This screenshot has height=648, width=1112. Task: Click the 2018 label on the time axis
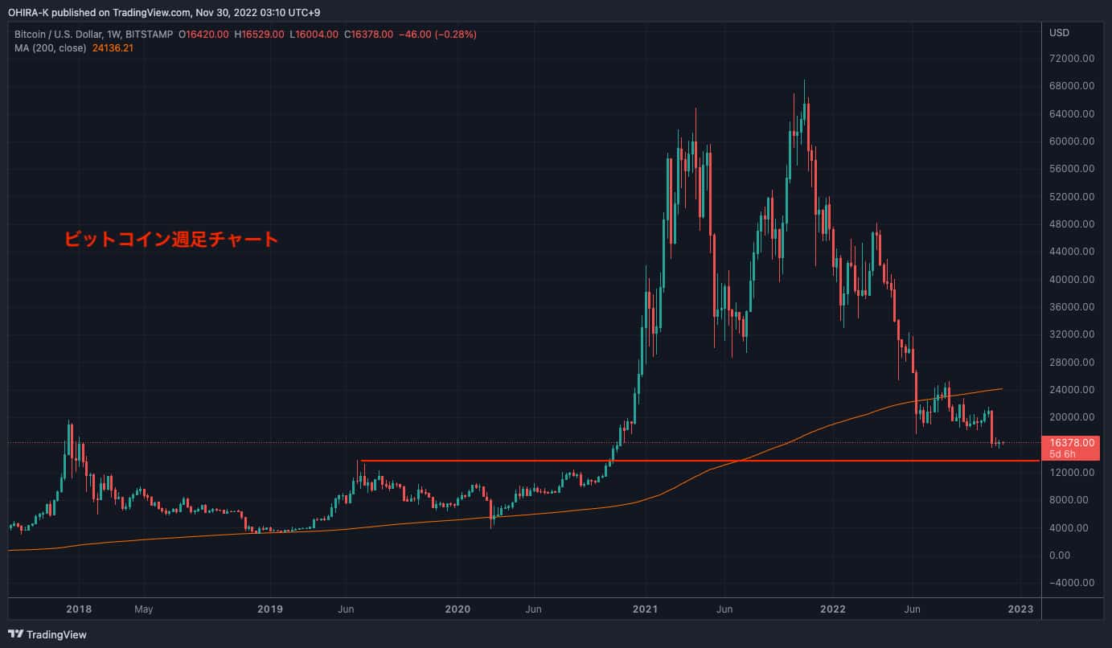79,609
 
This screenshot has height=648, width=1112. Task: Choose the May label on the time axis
143,609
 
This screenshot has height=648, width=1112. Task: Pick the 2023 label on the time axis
1020,609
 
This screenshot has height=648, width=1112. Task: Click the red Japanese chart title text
170,239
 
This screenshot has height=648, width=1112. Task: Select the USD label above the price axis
1059,33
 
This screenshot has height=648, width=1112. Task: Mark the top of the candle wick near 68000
805,80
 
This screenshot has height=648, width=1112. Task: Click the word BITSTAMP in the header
150,34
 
